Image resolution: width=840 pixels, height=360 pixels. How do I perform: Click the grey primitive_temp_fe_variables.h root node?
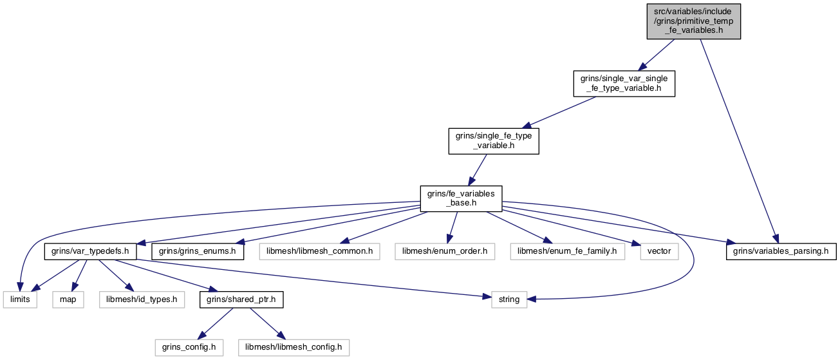(x=693, y=21)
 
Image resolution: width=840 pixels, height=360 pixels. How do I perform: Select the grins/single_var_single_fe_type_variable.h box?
(x=624, y=83)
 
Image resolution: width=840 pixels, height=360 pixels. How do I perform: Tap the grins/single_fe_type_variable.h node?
(x=494, y=141)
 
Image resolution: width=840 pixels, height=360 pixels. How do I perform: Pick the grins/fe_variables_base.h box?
(x=461, y=198)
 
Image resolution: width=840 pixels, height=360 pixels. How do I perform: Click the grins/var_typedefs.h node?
(x=90, y=251)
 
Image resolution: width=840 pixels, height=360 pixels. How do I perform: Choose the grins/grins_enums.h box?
(x=198, y=251)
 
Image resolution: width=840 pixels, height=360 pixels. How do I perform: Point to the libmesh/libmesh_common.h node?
(x=319, y=251)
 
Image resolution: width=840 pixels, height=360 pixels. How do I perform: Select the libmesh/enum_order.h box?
(x=445, y=251)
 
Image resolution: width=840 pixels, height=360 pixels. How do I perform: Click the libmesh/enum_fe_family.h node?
(x=567, y=251)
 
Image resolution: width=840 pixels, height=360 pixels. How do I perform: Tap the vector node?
(x=659, y=251)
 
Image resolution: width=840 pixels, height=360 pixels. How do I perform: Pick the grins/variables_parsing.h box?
(x=781, y=251)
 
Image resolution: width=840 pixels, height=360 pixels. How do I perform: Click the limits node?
(x=20, y=299)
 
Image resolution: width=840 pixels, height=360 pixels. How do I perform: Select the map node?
(x=68, y=299)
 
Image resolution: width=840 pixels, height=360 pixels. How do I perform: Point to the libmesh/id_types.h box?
(x=142, y=299)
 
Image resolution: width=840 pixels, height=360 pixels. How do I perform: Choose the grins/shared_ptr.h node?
(x=241, y=299)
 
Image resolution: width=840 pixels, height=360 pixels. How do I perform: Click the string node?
(x=509, y=299)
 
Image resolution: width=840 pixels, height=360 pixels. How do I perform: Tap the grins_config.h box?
(x=189, y=348)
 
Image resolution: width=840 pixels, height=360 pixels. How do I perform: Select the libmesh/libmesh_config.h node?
(x=294, y=348)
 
